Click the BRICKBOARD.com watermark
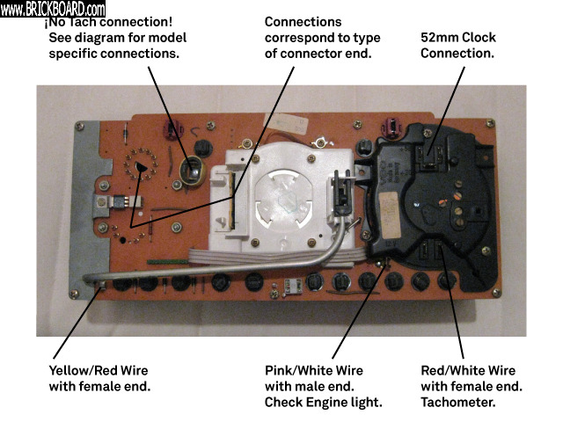pos(53,9)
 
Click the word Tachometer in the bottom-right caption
pos(458,403)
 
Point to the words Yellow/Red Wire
pos(99,371)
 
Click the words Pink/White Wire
pos(314,371)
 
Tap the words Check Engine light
pos(323,403)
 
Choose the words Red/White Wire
pos(468,371)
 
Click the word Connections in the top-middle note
pos(303,22)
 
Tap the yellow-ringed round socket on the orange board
pos(193,171)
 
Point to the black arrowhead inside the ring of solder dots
pos(141,167)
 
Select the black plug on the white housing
pos(342,193)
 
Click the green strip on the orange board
pos(167,262)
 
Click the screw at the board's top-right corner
pos(490,123)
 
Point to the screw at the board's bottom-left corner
pos(74,294)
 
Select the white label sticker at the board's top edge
pos(286,124)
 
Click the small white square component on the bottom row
pos(293,286)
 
